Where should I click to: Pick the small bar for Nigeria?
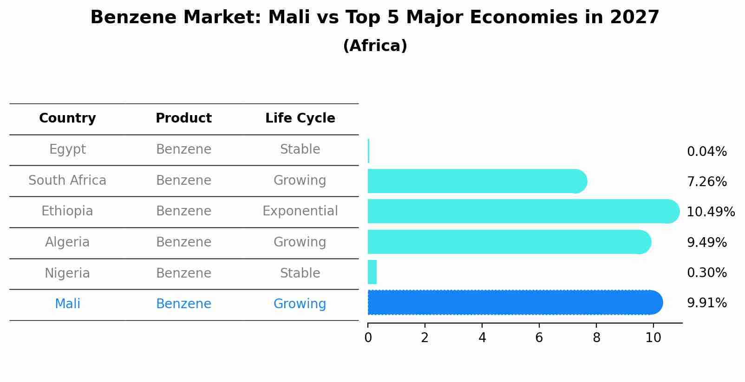pyautogui.click(x=372, y=272)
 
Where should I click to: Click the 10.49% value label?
pyautogui.click(x=710, y=212)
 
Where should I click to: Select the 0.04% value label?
pyautogui.click(x=706, y=152)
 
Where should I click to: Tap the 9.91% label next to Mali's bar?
pyautogui.click(x=706, y=303)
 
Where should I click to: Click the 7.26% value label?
pyautogui.click(x=706, y=182)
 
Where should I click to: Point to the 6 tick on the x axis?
pyautogui.click(x=539, y=337)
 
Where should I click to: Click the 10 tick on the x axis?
pyautogui.click(x=653, y=337)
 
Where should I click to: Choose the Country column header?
pyautogui.click(x=67, y=118)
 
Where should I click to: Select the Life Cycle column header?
pyautogui.click(x=300, y=118)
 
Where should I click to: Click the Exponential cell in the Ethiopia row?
pyautogui.click(x=300, y=211)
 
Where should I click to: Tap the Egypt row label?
pyautogui.click(x=67, y=149)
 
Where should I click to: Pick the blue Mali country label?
pyautogui.click(x=67, y=304)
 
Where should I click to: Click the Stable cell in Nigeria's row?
pyautogui.click(x=300, y=273)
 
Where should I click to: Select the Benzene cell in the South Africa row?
pyautogui.click(x=183, y=181)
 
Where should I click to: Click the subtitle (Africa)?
pyautogui.click(x=375, y=46)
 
